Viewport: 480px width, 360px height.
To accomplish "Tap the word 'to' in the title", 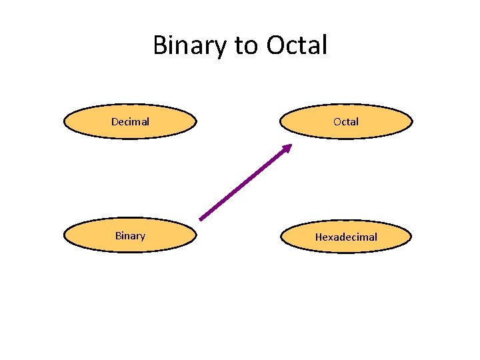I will point(246,46).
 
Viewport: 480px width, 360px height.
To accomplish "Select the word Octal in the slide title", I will point(297,46).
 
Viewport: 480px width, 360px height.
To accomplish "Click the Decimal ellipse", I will point(130,121).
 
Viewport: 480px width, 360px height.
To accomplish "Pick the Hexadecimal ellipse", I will point(346,237).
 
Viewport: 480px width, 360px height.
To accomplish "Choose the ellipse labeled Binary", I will point(130,235).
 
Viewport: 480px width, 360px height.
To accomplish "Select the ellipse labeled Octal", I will point(346,121).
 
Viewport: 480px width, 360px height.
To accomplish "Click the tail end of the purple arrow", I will point(201,218).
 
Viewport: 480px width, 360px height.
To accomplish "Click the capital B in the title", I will point(160,46).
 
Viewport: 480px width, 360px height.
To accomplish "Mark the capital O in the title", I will point(275,46).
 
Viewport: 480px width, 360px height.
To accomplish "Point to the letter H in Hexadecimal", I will point(319,237).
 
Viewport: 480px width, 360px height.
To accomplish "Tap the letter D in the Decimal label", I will point(115,121).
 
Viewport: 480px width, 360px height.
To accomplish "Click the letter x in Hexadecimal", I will point(331,237).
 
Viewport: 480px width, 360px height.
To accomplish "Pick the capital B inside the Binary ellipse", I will point(118,235).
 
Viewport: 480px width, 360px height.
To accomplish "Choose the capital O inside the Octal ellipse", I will point(337,121).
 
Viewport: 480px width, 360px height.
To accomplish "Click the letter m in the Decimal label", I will point(138,122).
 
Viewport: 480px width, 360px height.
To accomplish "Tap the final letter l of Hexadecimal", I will point(375,237).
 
